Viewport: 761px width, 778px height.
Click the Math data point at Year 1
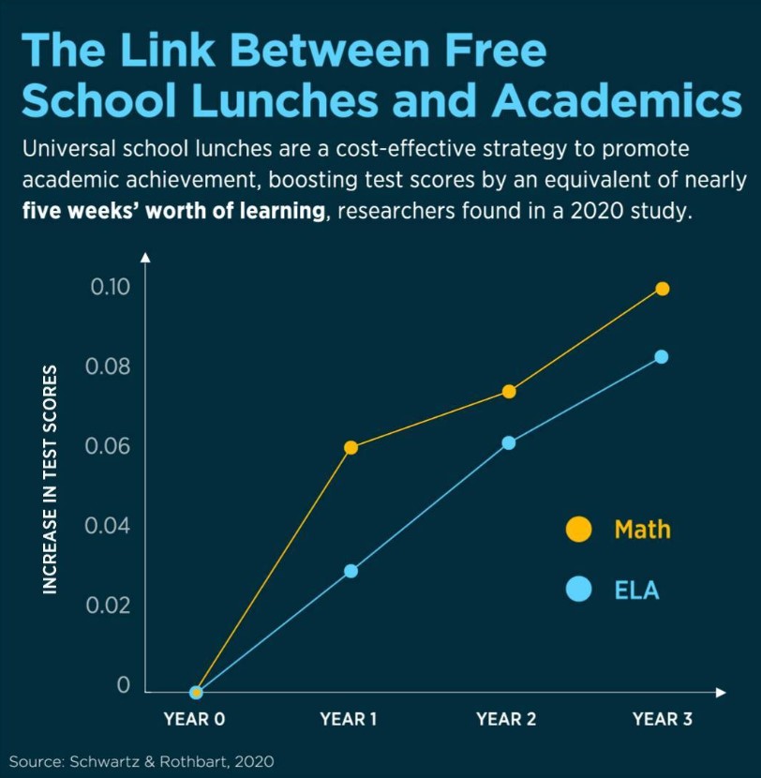click(351, 447)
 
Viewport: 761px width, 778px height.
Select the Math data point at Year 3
click(663, 289)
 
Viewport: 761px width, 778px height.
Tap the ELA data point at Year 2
click(508, 442)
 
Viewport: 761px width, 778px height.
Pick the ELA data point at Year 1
click(351, 571)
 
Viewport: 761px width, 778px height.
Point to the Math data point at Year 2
click(508, 391)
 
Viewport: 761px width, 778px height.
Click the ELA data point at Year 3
click(662, 356)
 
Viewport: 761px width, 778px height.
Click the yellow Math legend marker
click(579, 530)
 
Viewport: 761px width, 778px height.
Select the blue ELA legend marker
click(579, 590)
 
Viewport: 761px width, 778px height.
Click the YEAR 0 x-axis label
click(194, 720)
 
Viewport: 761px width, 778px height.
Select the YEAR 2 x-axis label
click(506, 720)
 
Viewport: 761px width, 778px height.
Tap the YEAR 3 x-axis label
click(663, 720)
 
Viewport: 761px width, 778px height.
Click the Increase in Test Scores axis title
click(51, 479)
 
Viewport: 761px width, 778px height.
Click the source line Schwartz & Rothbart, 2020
click(142, 760)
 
